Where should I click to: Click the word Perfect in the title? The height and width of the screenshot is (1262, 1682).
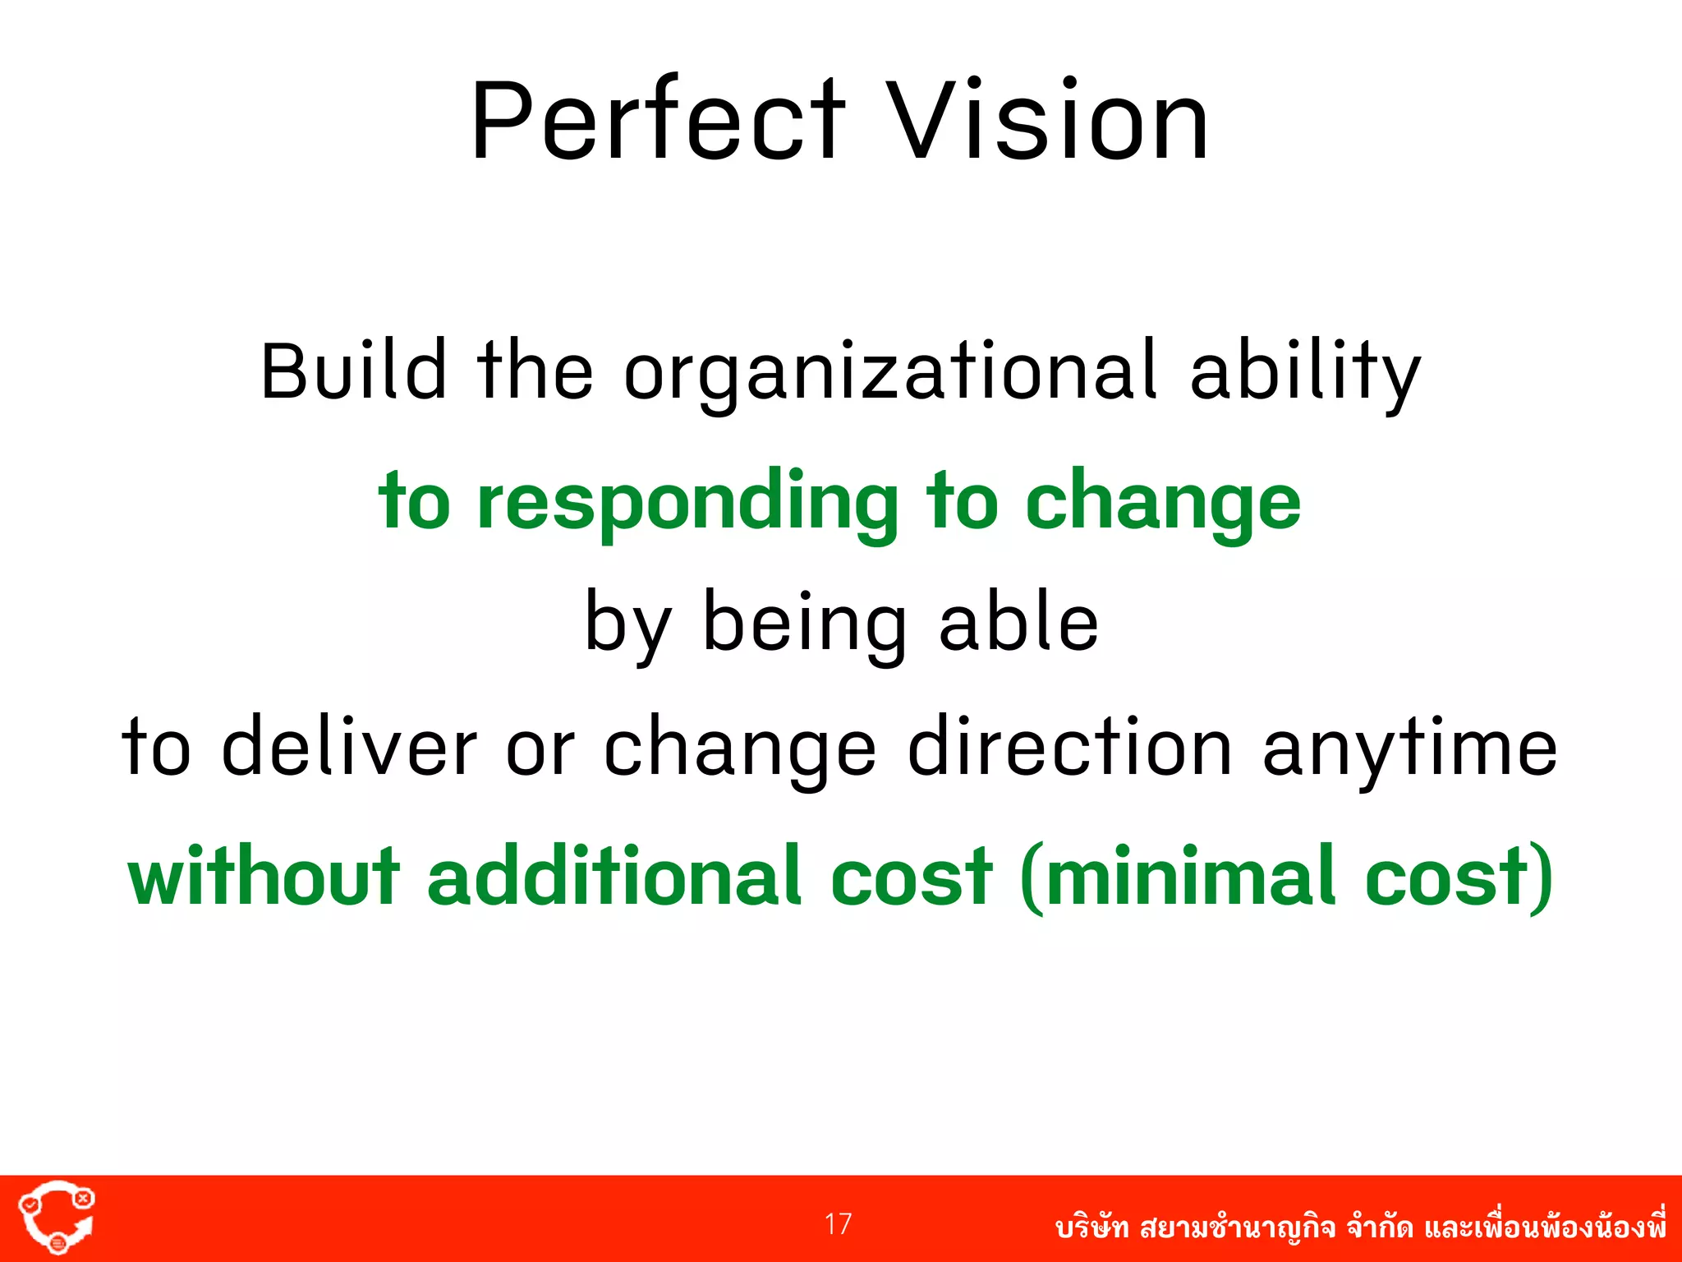[x=657, y=122]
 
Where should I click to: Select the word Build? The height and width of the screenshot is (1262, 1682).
[x=354, y=371]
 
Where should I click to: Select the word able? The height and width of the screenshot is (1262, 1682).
[x=1018, y=623]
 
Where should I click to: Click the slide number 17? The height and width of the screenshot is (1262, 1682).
[x=839, y=1224]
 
